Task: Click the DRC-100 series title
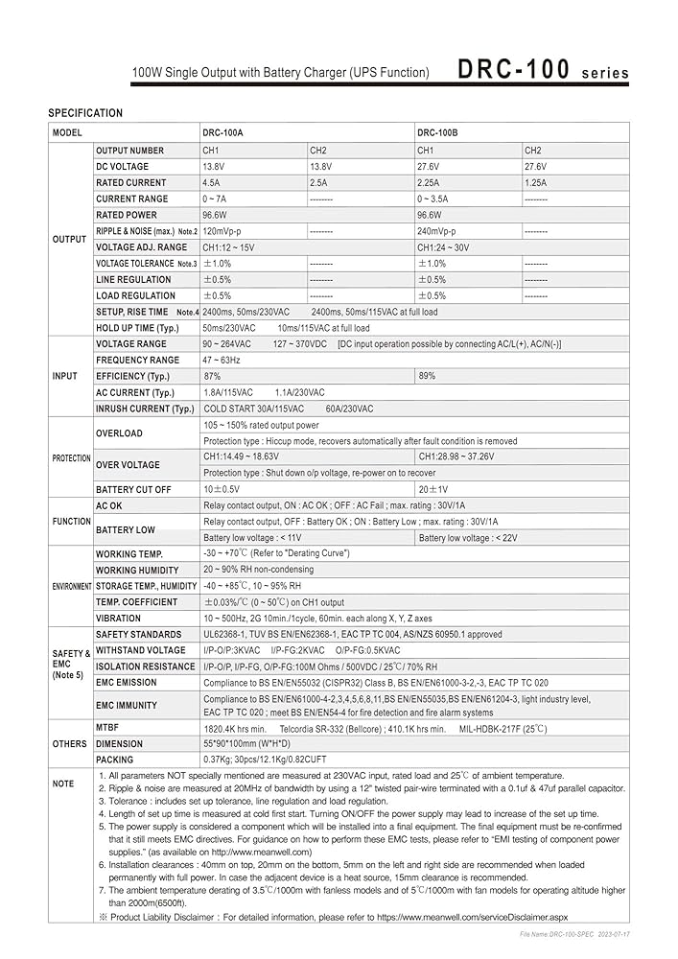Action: [543, 70]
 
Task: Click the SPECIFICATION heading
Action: [85, 113]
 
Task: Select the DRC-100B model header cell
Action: [437, 133]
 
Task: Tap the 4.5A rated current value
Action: [211, 182]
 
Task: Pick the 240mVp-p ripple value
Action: [437, 231]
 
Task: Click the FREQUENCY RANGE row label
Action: [137, 360]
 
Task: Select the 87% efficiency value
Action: [212, 376]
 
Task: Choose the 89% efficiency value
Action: [427, 376]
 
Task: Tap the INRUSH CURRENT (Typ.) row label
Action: [145, 409]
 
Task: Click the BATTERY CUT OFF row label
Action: [133, 489]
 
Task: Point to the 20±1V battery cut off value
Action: [433, 489]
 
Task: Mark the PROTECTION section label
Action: [71, 458]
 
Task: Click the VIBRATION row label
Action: [118, 619]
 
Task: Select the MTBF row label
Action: [106, 728]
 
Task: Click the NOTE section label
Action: [63, 784]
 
